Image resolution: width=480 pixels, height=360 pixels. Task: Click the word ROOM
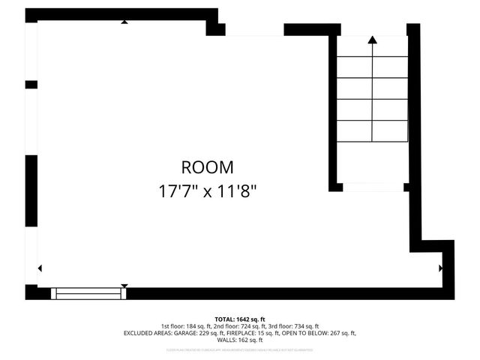point(207,167)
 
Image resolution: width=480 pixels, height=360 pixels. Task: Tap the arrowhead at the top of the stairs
point(372,40)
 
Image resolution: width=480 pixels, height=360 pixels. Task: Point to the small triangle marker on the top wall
point(124,22)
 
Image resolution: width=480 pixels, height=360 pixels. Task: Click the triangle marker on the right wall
point(440,267)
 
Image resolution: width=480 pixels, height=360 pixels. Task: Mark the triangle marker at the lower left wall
point(40,268)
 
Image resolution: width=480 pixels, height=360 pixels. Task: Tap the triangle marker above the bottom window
point(124,286)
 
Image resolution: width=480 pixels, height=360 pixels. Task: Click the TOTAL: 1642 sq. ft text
point(240,319)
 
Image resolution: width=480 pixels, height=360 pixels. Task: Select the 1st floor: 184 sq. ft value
point(187,326)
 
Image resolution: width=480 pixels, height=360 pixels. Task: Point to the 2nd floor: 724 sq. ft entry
point(240,326)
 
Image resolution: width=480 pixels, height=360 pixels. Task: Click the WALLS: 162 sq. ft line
point(240,340)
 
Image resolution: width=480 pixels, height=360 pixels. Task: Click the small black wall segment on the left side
point(31,84)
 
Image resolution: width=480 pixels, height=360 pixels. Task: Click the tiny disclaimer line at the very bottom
point(240,349)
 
